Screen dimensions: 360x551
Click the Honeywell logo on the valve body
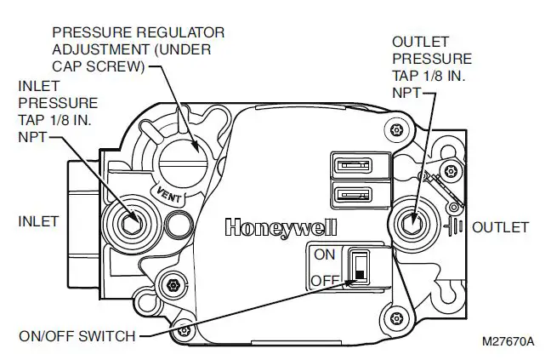[281, 228]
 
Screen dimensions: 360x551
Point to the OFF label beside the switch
[326, 280]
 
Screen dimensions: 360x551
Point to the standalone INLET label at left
[38, 221]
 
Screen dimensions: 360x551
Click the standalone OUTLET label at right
[501, 227]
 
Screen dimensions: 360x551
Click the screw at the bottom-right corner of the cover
[394, 319]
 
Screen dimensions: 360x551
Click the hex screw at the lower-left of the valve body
[174, 282]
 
